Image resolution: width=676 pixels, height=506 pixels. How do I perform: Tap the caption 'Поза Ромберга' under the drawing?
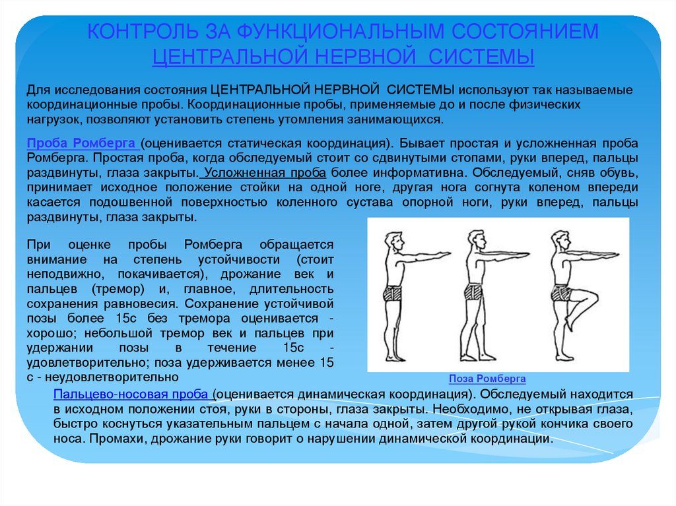pos(487,379)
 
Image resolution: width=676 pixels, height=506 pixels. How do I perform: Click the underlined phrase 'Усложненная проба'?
pos(265,173)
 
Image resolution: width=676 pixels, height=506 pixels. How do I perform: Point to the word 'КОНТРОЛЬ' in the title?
pos(143,32)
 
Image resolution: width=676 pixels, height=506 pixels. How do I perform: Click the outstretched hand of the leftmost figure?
pos(442,253)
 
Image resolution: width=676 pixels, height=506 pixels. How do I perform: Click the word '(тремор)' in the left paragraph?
pos(118,289)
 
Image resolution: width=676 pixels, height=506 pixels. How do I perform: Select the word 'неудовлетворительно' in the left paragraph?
pos(112,377)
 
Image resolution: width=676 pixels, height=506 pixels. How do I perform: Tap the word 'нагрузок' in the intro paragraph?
pos(54,119)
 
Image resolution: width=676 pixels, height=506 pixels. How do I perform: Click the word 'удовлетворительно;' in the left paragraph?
pos(88,362)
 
